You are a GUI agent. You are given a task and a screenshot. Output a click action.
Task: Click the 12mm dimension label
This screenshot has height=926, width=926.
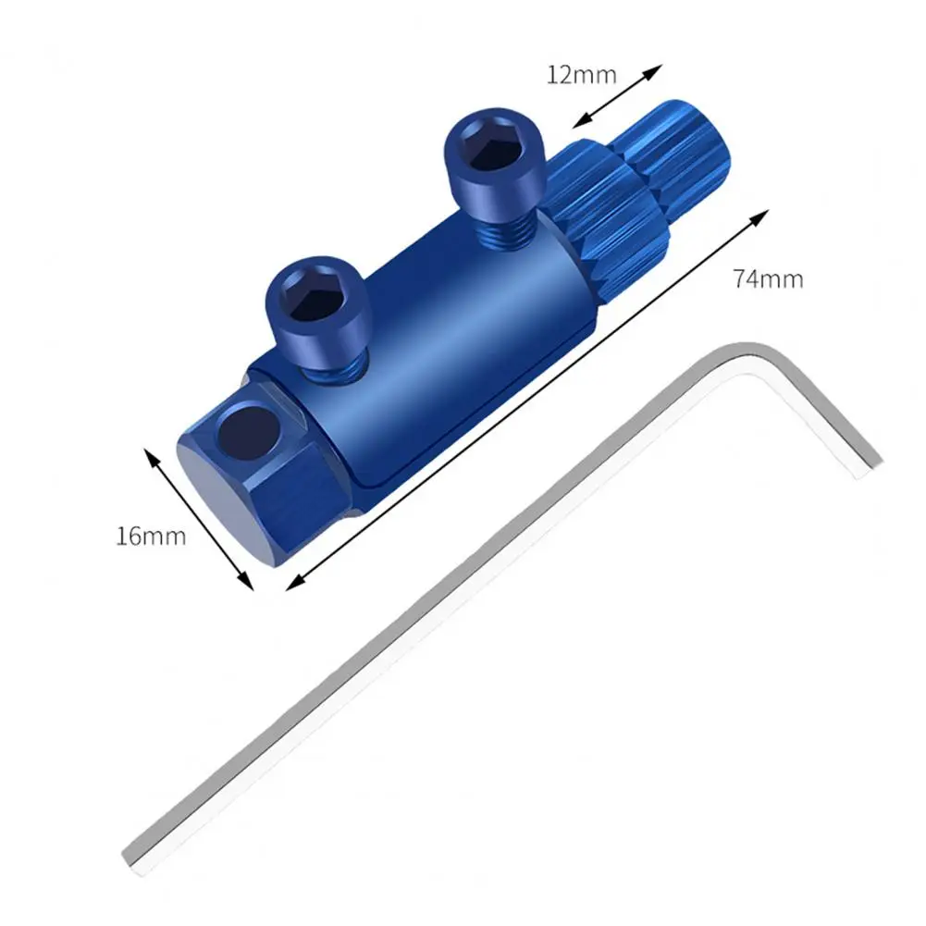[581, 75]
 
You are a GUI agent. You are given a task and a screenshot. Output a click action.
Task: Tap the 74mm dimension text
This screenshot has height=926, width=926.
[768, 278]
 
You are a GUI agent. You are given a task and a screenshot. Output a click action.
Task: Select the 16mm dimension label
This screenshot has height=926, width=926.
[151, 536]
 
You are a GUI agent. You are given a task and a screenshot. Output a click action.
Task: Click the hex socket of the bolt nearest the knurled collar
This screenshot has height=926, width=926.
[488, 147]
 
